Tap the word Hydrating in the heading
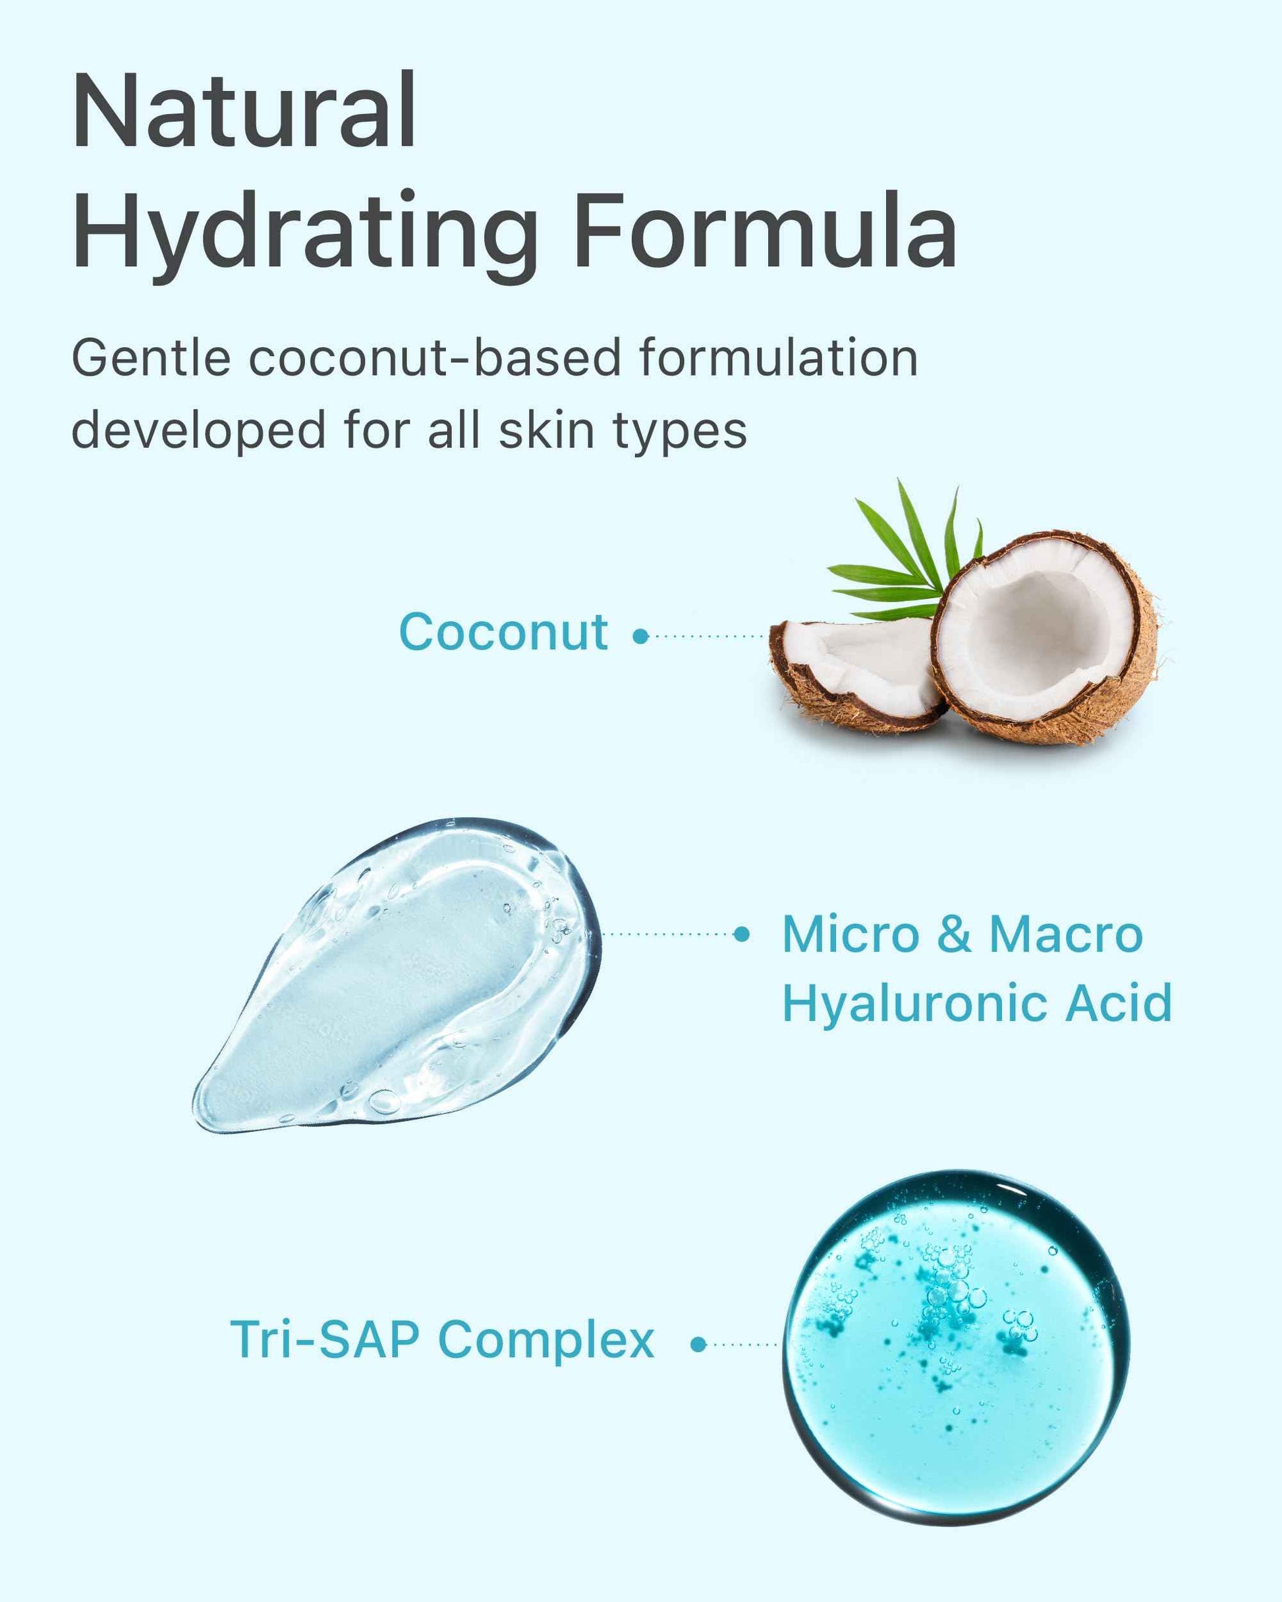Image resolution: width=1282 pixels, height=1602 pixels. pyautogui.click(x=305, y=232)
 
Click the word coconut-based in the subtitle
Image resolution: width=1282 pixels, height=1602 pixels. pyautogui.click(x=434, y=358)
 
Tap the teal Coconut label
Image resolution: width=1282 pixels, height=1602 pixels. pyautogui.click(x=503, y=633)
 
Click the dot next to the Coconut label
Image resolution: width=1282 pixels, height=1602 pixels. pyautogui.click(x=640, y=636)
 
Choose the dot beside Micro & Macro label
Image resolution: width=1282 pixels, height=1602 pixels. pyautogui.click(x=741, y=935)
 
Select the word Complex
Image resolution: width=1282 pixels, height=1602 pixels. pyautogui.click(x=546, y=1341)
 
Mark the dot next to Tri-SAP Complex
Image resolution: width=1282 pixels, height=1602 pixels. pyautogui.click(x=698, y=1344)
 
